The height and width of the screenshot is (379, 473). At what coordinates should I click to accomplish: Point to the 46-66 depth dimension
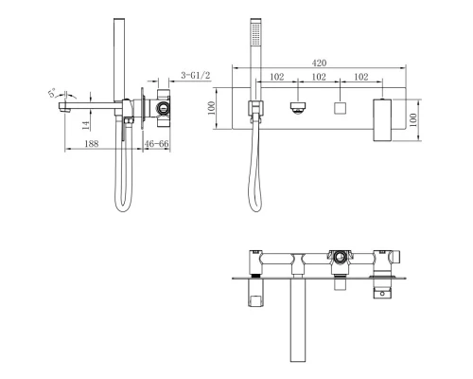click(x=158, y=142)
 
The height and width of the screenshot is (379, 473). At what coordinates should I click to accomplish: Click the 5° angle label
click(x=55, y=93)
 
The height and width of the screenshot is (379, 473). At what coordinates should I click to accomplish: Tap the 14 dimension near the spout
click(x=87, y=121)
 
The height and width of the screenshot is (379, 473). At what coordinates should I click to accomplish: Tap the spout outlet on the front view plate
click(x=298, y=109)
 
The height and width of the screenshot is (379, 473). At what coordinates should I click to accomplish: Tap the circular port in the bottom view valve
click(x=338, y=256)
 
